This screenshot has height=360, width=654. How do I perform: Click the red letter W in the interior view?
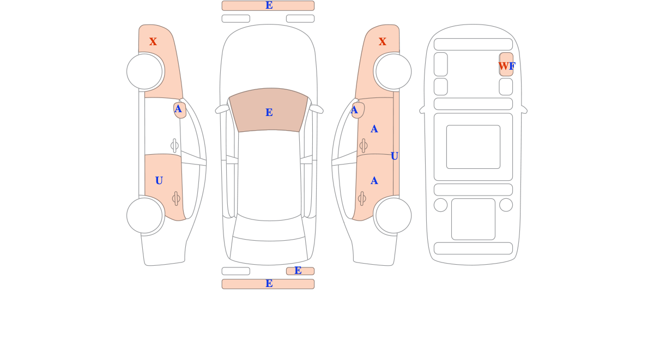[504, 66]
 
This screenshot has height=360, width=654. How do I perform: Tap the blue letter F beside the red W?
[512, 66]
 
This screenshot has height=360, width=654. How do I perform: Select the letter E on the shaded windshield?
[269, 112]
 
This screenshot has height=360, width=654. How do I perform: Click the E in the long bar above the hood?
[269, 5]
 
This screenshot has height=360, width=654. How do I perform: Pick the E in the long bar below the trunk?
[269, 283]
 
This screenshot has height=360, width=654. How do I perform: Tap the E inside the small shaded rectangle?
[298, 271]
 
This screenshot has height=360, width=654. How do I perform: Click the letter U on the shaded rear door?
[159, 181]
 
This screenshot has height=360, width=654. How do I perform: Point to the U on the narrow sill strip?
[394, 156]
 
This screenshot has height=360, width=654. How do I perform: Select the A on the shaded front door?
[374, 129]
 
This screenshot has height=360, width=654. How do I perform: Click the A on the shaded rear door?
[374, 181]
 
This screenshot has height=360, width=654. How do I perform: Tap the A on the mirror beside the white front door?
[178, 109]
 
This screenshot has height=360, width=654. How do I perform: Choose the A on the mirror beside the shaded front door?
[354, 110]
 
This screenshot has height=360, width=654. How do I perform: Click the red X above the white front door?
[153, 41]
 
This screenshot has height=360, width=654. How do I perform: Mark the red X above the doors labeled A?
[382, 41]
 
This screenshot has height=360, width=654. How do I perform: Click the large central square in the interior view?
[473, 147]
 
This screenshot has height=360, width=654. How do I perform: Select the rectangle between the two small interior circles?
[473, 219]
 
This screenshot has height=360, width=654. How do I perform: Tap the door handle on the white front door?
[174, 145]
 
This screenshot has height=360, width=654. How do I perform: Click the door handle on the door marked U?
[176, 199]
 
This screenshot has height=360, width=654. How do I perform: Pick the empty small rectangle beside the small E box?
[235, 271]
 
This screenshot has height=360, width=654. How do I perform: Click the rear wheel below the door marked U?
[144, 216]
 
